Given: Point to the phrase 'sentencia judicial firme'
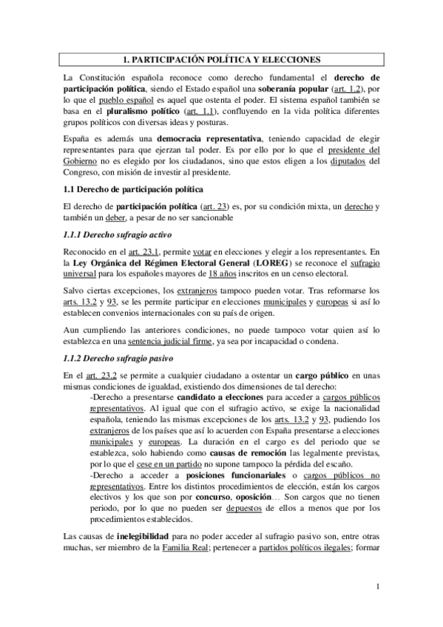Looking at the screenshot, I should pos(167,342).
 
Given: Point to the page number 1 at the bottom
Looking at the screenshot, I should pos(377,588).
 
